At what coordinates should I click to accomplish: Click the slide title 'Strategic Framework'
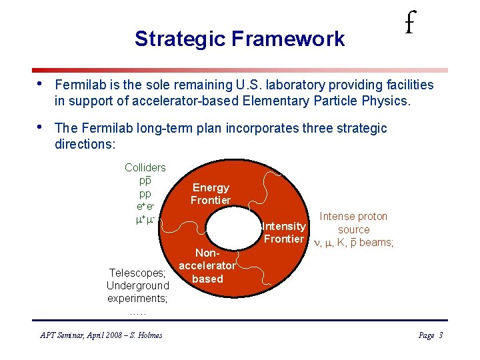(239, 39)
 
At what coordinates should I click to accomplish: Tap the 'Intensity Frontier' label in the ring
(283, 233)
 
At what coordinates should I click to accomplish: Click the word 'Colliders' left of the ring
(145, 167)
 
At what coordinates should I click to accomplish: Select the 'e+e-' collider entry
(145, 207)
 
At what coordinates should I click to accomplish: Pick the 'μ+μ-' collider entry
(145, 219)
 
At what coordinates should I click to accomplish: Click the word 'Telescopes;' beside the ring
(137, 273)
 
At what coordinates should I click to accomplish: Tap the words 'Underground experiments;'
(138, 292)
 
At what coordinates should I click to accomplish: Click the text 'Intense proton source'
(353, 223)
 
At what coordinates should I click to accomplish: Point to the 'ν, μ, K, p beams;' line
(353, 243)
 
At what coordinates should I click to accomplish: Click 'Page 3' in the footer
(430, 335)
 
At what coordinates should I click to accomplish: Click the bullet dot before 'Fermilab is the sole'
(41, 84)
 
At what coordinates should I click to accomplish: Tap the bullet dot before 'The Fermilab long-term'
(41, 127)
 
